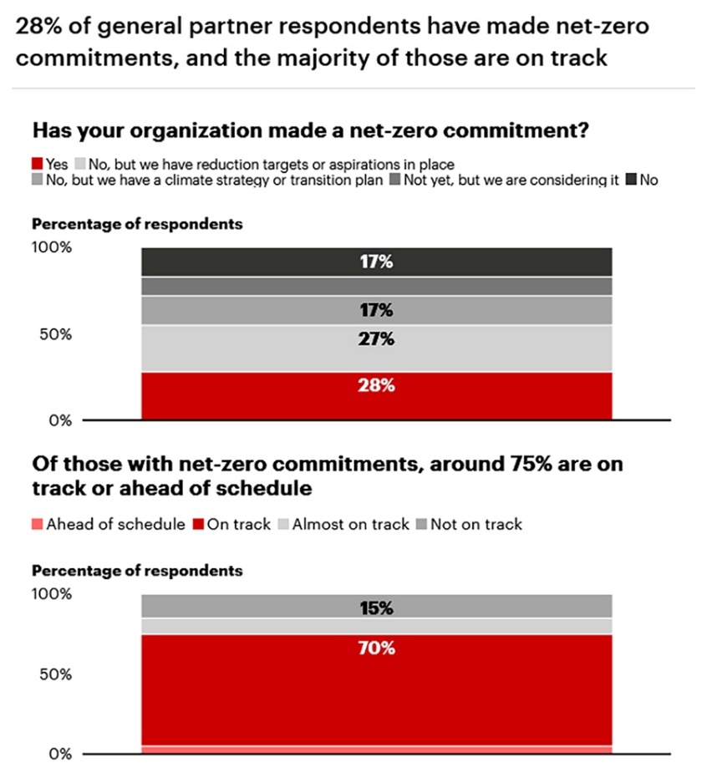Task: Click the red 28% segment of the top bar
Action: (376, 395)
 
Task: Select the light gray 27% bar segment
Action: (376, 348)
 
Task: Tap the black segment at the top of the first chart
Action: (376, 262)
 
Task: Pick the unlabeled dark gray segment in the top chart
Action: (376, 286)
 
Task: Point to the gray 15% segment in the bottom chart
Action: (376, 606)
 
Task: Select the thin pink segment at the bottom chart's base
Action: (376, 750)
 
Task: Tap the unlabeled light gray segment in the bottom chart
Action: (376, 626)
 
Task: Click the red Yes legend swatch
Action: (38, 165)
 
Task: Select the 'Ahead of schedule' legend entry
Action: (109, 524)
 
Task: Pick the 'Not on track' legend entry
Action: (470, 524)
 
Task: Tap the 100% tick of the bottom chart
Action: (53, 594)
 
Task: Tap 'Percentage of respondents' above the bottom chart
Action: (137, 571)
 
